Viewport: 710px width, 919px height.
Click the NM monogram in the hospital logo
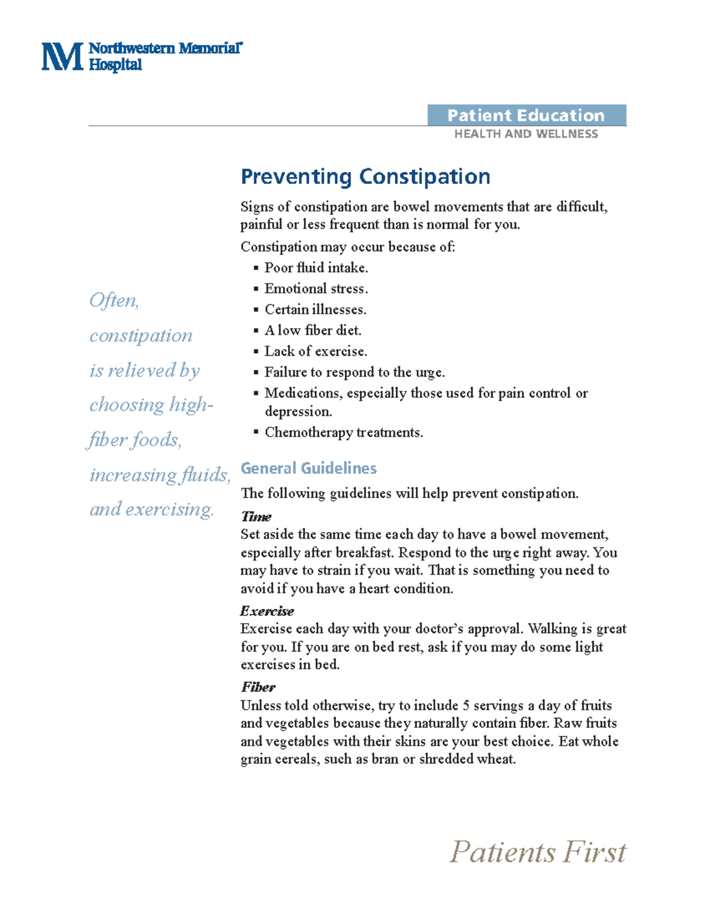pyautogui.click(x=62, y=57)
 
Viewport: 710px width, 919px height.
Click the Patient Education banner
pyautogui.click(x=526, y=115)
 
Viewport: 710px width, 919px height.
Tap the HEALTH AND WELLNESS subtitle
pyautogui.click(x=526, y=134)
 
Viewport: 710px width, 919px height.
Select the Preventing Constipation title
pyautogui.click(x=365, y=176)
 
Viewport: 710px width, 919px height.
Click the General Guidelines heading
pyautogui.click(x=308, y=468)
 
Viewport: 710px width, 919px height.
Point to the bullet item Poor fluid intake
pyautogui.click(x=316, y=268)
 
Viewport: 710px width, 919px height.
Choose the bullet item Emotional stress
pyautogui.click(x=316, y=289)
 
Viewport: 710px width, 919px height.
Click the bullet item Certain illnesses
pyautogui.click(x=315, y=309)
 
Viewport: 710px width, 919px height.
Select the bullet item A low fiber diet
pyautogui.click(x=312, y=330)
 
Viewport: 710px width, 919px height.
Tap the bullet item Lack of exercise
pyautogui.click(x=315, y=352)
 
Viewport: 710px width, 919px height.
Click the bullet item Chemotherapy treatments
pyautogui.click(x=344, y=433)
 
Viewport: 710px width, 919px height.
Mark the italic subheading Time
pyautogui.click(x=256, y=517)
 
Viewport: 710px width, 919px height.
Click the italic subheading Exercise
pyautogui.click(x=267, y=611)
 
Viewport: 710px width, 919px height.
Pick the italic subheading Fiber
pyautogui.click(x=258, y=687)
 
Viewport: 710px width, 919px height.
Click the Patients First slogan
pyautogui.click(x=537, y=852)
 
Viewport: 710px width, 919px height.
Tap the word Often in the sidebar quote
pyautogui.click(x=114, y=301)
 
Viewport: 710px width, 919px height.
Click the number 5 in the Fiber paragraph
pyautogui.click(x=466, y=705)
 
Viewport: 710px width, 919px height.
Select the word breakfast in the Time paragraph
pyautogui.click(x=364, y=553)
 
